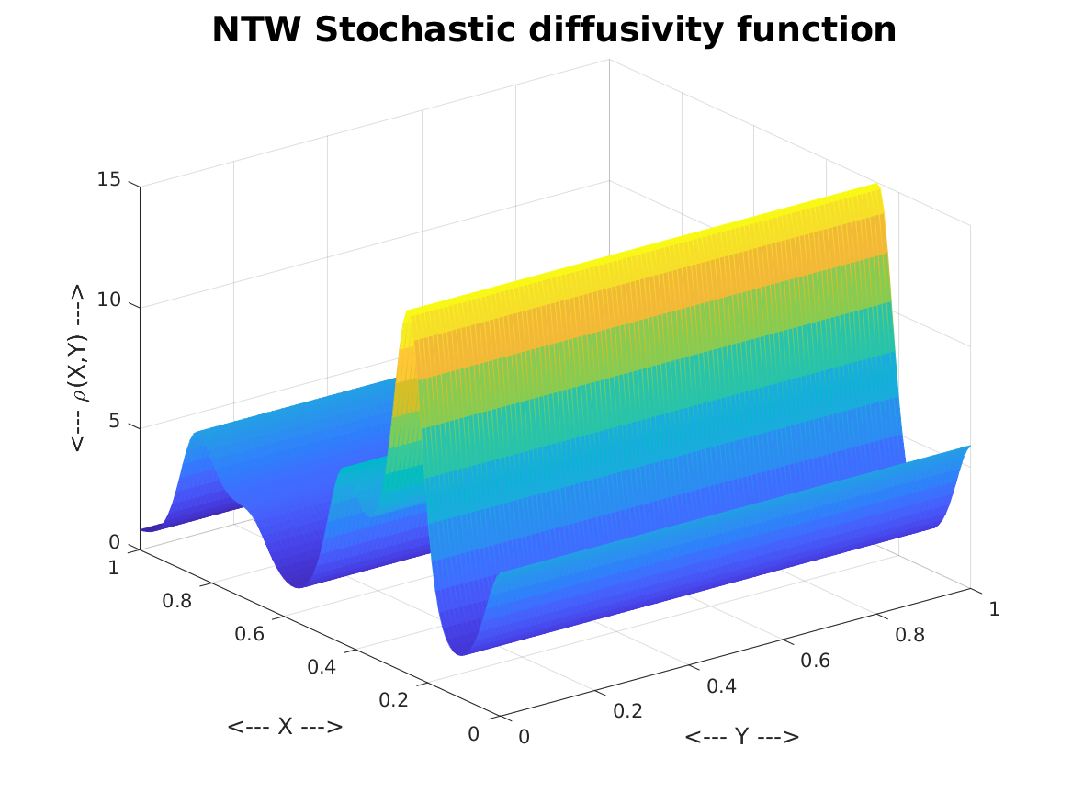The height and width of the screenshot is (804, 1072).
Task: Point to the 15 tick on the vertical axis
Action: [x=108, y=179]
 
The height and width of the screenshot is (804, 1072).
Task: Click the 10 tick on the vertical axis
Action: [x=108, y=300]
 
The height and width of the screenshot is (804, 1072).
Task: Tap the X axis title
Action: [x=285, y=727]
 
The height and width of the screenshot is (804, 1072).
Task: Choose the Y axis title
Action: [x=741, y=737]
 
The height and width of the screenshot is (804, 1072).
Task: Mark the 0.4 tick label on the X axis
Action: [x=321, y=667]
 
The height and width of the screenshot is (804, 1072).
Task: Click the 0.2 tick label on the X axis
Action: [x=394, y=700]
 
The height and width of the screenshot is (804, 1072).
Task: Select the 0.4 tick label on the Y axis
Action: [x=722, y=686]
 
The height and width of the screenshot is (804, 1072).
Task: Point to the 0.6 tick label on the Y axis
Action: [x=815, y=661]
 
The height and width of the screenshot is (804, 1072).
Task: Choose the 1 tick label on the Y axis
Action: [x=994, y=609]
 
